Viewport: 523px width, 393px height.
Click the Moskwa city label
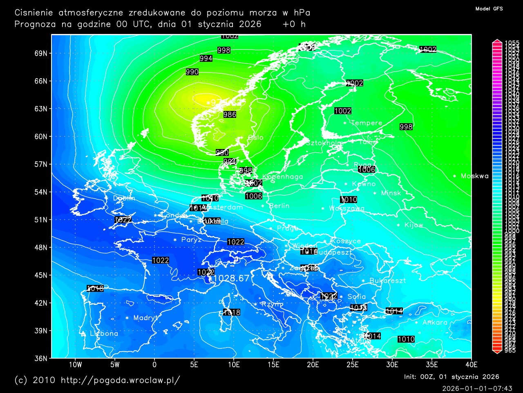[474, 176]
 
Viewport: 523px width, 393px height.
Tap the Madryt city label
[145, 318]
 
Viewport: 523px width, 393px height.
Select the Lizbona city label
[104, 334]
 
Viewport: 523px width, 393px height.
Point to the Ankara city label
[435, 323]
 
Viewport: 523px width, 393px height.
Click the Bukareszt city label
[387, 281]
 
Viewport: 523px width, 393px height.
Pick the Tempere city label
[367, 123]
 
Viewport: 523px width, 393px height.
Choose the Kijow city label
[413, 225]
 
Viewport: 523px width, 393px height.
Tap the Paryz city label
[191, 240]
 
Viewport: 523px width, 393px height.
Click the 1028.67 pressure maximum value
[231, 278]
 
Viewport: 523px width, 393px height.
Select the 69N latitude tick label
[41, 53]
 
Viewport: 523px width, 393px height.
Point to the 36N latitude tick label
[41, 358]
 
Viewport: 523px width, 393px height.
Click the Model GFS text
[489, 9]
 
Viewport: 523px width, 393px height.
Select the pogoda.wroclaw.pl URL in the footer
[120, 380]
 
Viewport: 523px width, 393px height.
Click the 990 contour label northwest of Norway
[192, 72]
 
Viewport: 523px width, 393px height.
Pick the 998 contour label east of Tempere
[406, 127]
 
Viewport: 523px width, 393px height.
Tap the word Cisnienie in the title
[34, 13]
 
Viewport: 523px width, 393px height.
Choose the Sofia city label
[357, 296]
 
